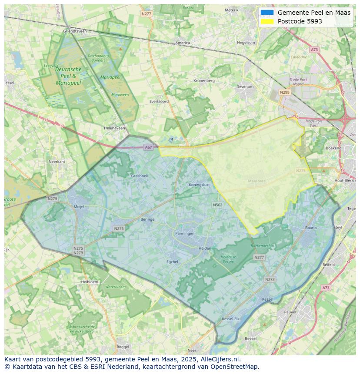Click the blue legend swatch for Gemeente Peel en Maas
[x=267, y=13]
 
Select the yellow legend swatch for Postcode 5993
[x=267, y=21]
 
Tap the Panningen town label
[x=185, y=233]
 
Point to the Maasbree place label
[x=256, y=181]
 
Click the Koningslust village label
[x=200, y=185]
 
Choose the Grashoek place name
[x=140, y=176]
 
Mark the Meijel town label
[x=79, y=207]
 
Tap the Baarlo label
[x=311, y=228]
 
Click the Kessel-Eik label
[x=230, y=319]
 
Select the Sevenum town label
[x=245, y=87]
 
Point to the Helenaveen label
[x=115, y=128]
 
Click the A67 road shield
[x=149, y=147]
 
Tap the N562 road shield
[x=217, y=205]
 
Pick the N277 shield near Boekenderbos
[x=259, y=258]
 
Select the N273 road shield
[x=270, y=279]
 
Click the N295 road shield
[x=285, y=92]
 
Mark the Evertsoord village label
[x=159, y=101]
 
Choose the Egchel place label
[x=173, y=262]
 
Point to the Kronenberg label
[x=204, y=80]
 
